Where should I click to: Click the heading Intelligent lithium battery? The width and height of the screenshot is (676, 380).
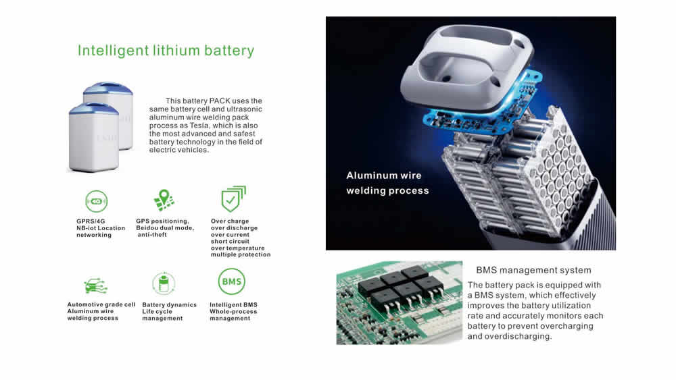(166, 51)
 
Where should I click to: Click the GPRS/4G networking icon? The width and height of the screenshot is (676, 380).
(96, 201)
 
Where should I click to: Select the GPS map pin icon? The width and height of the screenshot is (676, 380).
(164, 200)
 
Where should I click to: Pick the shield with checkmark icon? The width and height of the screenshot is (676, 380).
(233, 199)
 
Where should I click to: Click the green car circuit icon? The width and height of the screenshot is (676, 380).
(96, 286)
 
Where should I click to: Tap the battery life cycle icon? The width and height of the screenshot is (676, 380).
(164, 283)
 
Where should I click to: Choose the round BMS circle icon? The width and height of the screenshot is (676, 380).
(231, 281)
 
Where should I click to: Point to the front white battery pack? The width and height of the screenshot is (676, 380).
(93, 138)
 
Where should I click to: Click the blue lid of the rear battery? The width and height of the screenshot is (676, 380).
(107, 88)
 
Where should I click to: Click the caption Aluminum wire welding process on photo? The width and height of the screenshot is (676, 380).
(387, 183)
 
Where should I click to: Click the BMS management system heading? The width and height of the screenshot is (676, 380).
(534, 270)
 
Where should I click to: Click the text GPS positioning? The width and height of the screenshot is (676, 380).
(162, 221)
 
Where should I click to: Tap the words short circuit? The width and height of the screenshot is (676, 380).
(230, 242)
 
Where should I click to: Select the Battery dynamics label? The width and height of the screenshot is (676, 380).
(170, 304)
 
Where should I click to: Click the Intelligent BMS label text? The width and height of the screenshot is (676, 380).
(233, 304)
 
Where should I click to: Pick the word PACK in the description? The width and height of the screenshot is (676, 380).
(220, 101)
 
